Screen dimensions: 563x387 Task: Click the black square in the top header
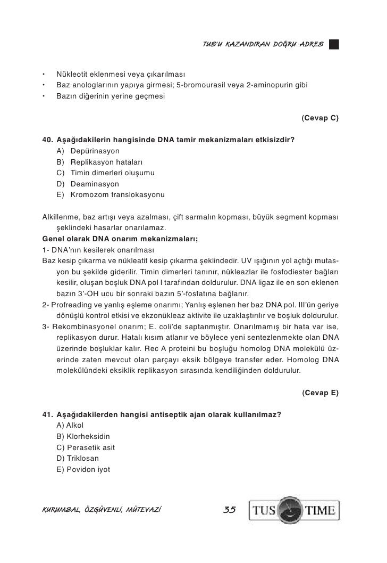pyautogui.click(x=333, y=43)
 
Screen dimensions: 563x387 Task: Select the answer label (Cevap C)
pyautogui.click(x=319, y=117)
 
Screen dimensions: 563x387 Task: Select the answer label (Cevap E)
pyautogui.click(x=319, y=393)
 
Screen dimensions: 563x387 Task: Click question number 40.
pyautogui.click(x=47, y=140)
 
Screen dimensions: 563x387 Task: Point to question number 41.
pyautogui.click(x=47, y=415)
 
